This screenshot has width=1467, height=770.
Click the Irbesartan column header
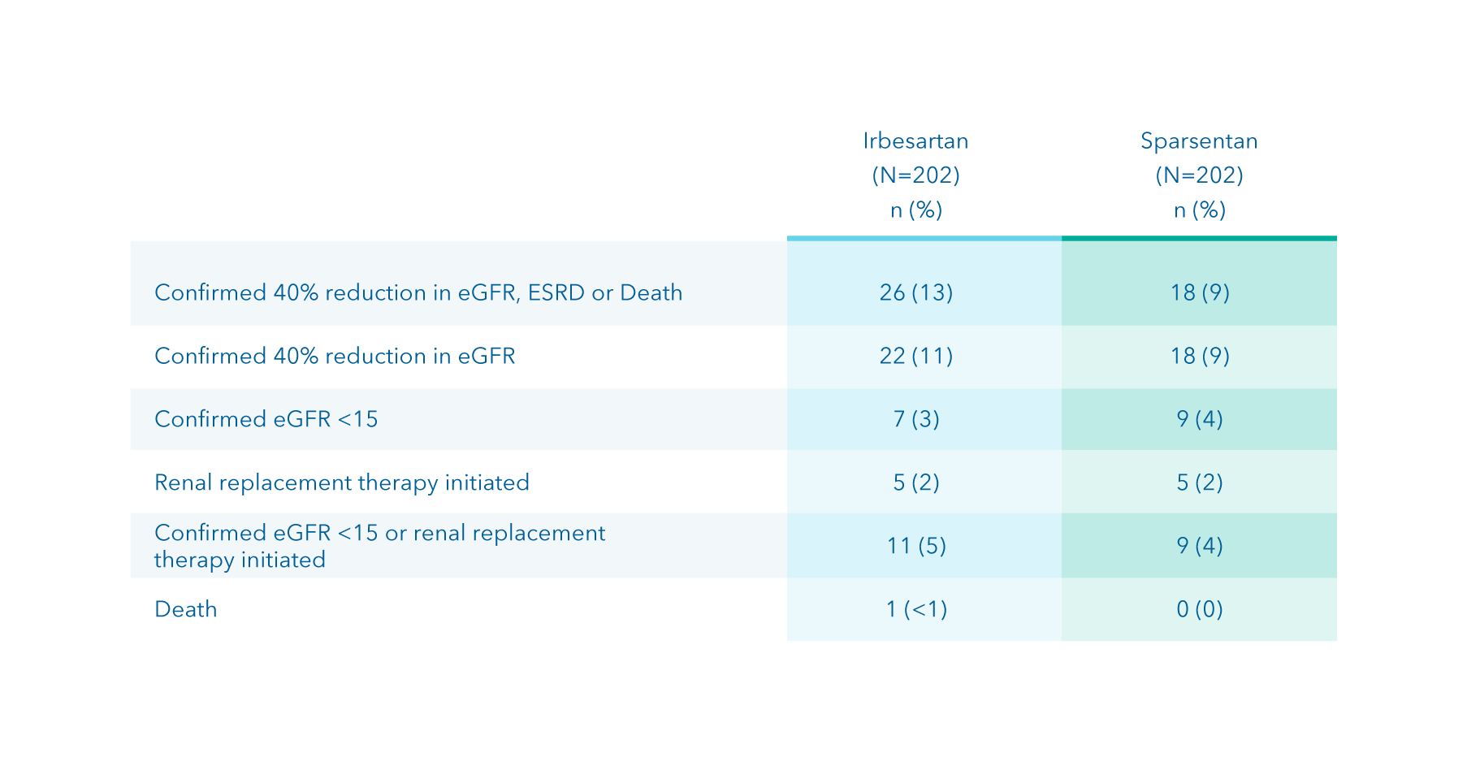pyautogui.click(x=915, y=141)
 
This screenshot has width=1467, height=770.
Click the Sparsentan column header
pyautogui.click(x=1199, y=141)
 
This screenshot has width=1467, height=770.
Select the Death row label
pyautogui.click(x=186, y=609)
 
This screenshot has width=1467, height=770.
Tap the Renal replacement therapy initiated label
pyautogui.click(x=342, y=482)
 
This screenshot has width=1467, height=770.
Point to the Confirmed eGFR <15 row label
pyautogui.click(x=266, y=419)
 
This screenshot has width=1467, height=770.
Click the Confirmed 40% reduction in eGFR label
pyautogui.click(x=335, y=356)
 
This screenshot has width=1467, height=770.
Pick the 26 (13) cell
pyautogui.click(x=916, y=292)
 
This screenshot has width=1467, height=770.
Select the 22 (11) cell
pyautogui.click(x=916, y=356)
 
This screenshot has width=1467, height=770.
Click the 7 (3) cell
pyautogui.click(x=916, y=419)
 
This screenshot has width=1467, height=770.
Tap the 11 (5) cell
pyautogui.click(x=916, y=546)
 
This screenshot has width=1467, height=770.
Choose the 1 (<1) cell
pyautogui.click(x=916, y=609)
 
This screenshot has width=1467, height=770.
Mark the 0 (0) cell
pyautogui.click(x=1200, y=609)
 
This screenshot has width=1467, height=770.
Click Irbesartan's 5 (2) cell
pyautogui.click(x=916, y=482)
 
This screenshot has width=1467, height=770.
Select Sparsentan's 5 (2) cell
pyautogui.click(x=1200, y=482)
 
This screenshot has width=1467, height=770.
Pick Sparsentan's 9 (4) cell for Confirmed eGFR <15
pyautogui.click(x=1200, y=419)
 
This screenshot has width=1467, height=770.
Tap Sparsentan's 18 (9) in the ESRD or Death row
pyautogui.click(x=1200, y=292)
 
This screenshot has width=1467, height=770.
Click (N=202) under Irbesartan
pyautogui.click(x=915, y=175)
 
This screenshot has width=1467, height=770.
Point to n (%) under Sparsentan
pyautogui.click(x=1200, y=210)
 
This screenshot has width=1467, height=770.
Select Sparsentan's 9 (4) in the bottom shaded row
pyautogui.click(x=1200, y=546)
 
